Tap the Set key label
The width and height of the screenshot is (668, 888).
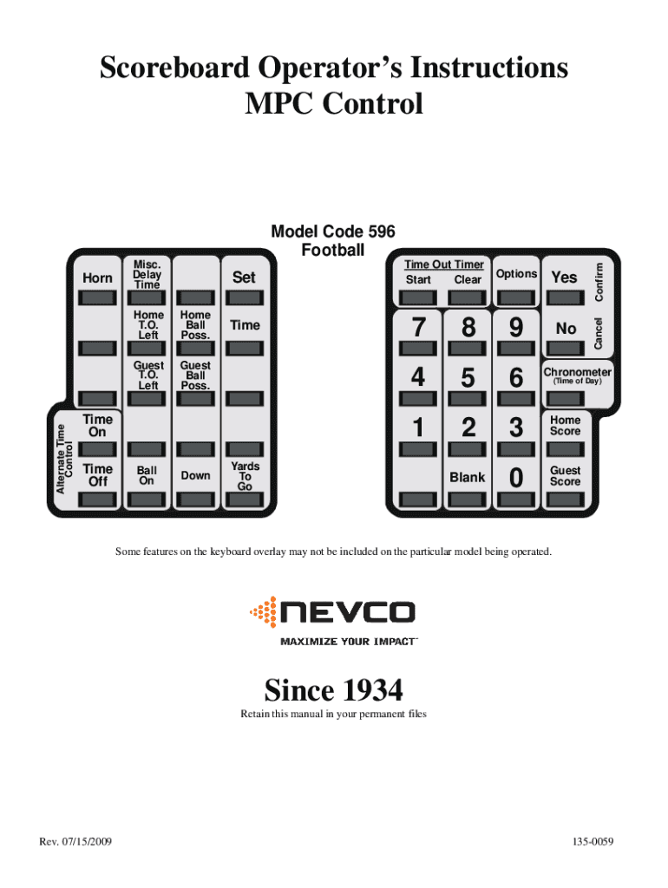[245, 277]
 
